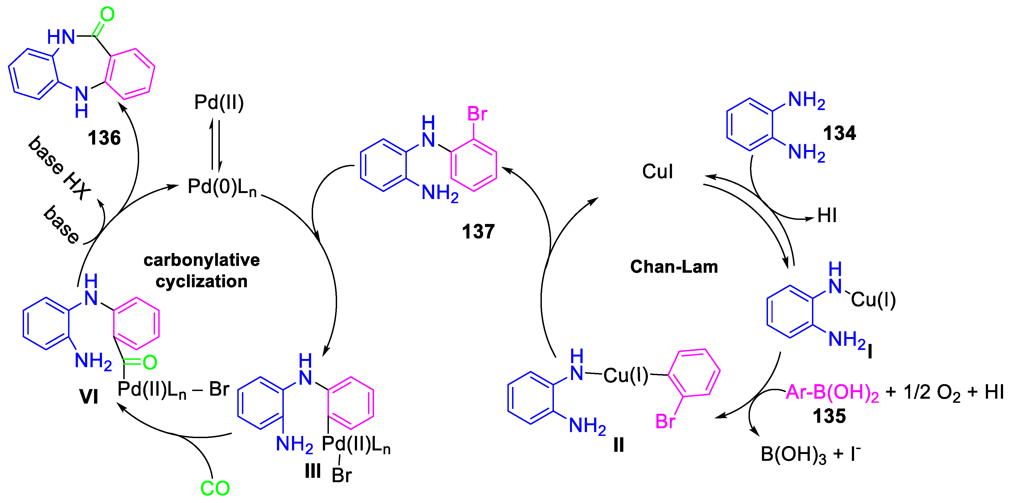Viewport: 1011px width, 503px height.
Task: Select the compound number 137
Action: [478, 231]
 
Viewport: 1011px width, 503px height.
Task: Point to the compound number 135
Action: [829, 416]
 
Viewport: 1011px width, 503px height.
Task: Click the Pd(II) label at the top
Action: [219, 103]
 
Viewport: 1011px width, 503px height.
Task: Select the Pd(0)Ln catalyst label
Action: [222, 187]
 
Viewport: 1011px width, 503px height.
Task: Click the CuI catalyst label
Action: [658, 172]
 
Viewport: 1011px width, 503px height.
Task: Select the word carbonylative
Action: [201, 260]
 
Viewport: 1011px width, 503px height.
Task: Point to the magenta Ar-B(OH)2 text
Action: [832, 393]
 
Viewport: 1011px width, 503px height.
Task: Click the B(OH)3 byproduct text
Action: [793, 455]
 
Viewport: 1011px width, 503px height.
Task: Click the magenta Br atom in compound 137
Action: [477, 114]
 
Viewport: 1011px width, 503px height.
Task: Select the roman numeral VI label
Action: [89, 396]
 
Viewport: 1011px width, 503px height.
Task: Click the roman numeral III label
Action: [313, 471]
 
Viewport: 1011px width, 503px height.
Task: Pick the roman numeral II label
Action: [618, 445]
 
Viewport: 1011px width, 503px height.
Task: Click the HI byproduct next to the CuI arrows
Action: [826, 215]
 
